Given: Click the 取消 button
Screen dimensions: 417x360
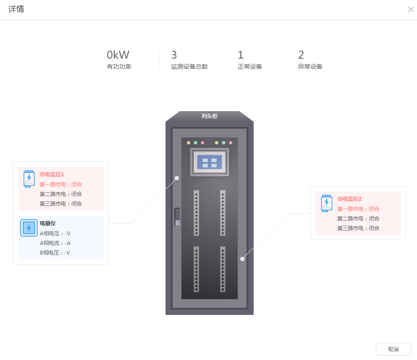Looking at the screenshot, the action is (x=393, y=349).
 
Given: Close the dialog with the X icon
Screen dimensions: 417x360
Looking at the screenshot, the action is (x=410, y=10).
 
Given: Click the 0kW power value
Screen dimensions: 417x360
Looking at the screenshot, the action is (x=118, y=55).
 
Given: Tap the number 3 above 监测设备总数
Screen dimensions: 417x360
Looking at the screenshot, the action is (x=174, y=55).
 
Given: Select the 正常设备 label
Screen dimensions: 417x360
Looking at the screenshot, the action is (x=250, y=66).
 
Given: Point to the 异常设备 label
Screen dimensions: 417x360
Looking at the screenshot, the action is (x=310, y=66).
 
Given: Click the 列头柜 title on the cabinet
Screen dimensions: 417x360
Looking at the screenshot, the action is (x=210, y=116).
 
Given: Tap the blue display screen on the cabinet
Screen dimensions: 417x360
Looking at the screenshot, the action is (x=210, y=162).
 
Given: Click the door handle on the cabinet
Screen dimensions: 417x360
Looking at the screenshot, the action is (x=177, y=217).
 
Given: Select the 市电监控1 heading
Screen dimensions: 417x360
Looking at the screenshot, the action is (x=52, y=175).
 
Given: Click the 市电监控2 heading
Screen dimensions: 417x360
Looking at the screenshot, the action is (x=350, y=199).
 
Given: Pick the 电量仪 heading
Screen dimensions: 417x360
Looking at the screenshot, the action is (x=48, y=224).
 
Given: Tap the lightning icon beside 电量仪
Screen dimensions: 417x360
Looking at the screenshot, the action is (x=29, y=228).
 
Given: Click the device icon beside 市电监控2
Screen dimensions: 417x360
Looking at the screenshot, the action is (x=326, y=203).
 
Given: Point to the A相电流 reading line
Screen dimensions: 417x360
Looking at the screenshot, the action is (x=55, y=243).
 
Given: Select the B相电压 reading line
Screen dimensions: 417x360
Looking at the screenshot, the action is (x=55, y=252).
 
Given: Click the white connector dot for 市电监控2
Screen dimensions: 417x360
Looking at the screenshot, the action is (x=242, y=259).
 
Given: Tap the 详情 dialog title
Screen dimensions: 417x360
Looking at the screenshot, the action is (x=16, y=9).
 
